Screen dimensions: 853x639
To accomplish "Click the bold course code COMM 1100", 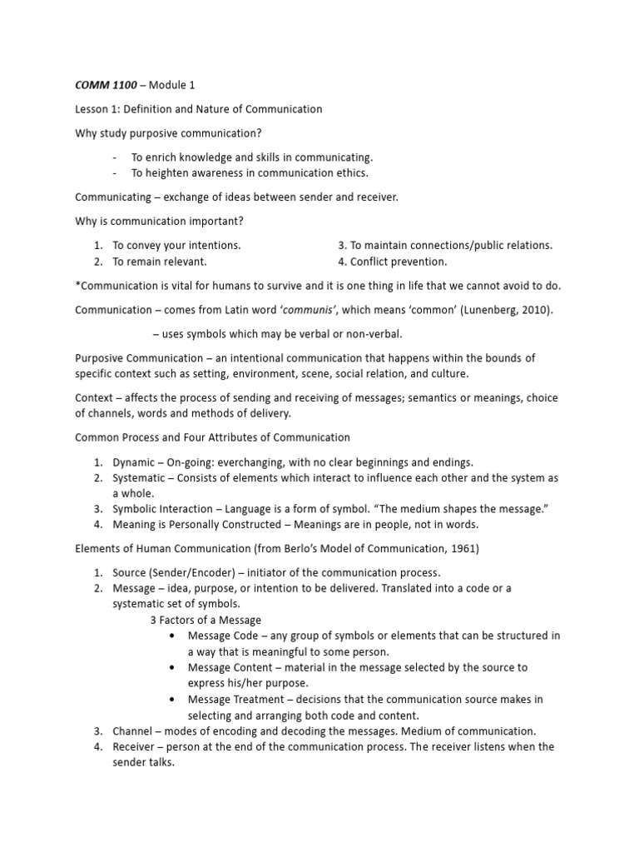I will [x=106, y=85].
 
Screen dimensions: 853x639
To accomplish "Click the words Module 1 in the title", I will [x=172, y=85].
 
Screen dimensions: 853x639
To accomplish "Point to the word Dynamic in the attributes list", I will [x=135, y=461].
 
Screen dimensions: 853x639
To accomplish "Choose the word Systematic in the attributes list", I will [x=142, y=477].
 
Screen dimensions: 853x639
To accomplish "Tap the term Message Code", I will [x=223, y=636].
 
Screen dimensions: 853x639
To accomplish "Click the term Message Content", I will [x=230, y=667].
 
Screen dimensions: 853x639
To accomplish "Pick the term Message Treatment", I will [x=237, y=699].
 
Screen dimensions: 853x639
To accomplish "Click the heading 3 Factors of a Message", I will [x=206, y=620].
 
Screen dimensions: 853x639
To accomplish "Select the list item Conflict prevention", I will [x=399, y=262].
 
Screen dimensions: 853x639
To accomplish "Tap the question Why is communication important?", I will [x=159, y=221].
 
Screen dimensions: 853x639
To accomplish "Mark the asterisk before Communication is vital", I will [x=78, y=285].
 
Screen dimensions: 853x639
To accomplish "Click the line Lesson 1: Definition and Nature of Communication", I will [x=199, y=109].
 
